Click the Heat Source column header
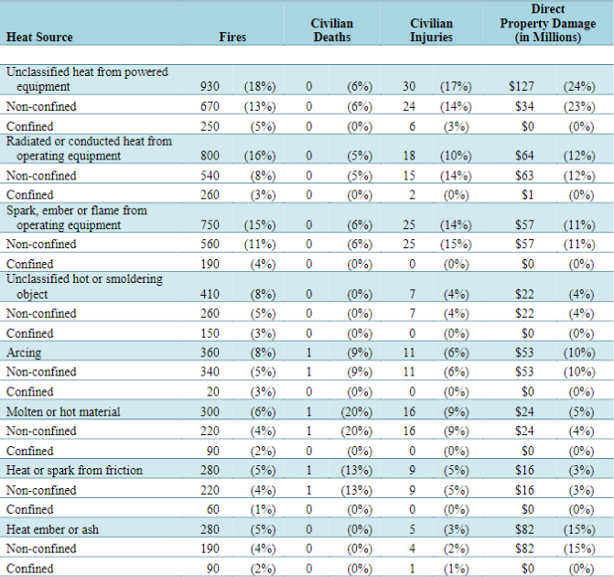[x=39, y=37]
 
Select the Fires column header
[x=232, y=37]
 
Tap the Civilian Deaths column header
[x=332, y=30]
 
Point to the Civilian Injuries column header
[x=431, y=30]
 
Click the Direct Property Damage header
[x=548, y=23]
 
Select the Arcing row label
[x=24, y=353]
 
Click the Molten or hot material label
[x=63, y=411]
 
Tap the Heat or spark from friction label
[x=74, y=470]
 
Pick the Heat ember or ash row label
[x=52, y=529]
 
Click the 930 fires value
[x=210, y=86]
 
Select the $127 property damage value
[x=522, y=86]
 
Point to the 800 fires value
[x=210, y=156]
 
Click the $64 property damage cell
[x=524, y=156]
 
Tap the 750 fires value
[x=210, y=224]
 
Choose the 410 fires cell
[x=210, y=294]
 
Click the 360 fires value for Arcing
[x=210, y=353]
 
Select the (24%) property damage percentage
[x=579, y=86]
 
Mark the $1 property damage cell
[x=527, y=195]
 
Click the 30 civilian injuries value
[x=409, y=86]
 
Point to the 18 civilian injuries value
[x=409, y=156]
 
